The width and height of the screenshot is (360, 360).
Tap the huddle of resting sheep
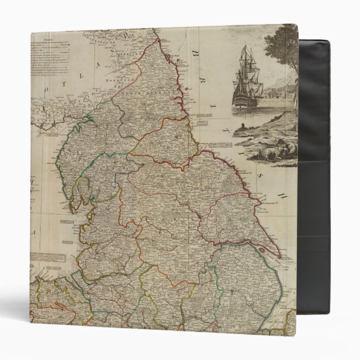coord(282,150)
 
